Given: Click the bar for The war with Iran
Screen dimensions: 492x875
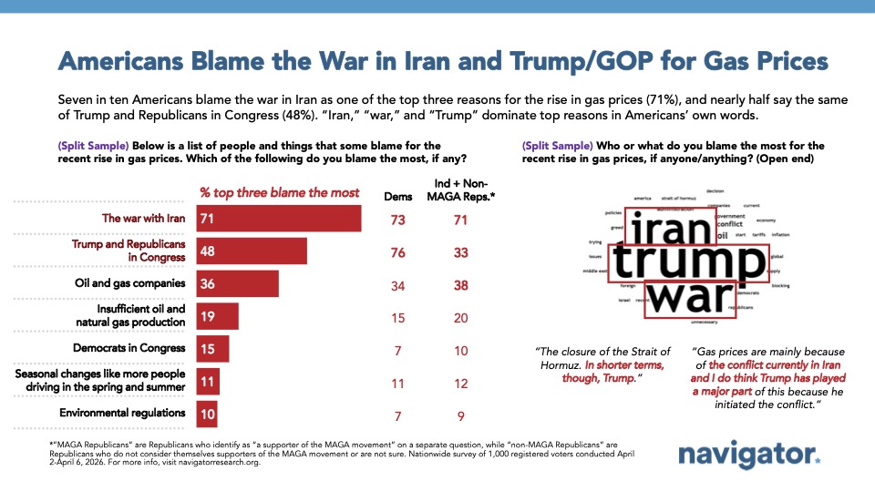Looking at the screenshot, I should [280, 219].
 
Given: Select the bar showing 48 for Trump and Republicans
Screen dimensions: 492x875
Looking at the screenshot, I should [252, 251].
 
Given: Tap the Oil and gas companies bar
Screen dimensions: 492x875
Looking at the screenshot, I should [239, 283].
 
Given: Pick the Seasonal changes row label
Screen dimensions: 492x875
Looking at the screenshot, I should [100, 381].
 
